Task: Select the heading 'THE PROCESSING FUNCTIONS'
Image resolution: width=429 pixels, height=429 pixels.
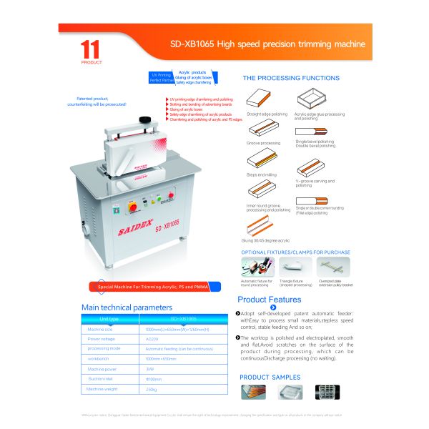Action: [x=291, y=78]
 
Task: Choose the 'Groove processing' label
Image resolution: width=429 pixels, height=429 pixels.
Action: [x=263, y=143]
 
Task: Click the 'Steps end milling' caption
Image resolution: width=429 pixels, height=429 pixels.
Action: [x=262, y=174]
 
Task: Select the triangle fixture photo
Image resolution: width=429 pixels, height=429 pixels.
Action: [x=291, y=267]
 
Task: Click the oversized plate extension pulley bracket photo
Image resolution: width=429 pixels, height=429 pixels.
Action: [x=332, y=267]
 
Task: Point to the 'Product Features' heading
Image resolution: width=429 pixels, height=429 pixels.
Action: [x=270, y=300]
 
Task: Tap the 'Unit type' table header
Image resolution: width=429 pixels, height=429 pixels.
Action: [x=109, y=318]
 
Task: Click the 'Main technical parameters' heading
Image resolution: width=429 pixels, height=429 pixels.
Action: [x=127, y=307]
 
